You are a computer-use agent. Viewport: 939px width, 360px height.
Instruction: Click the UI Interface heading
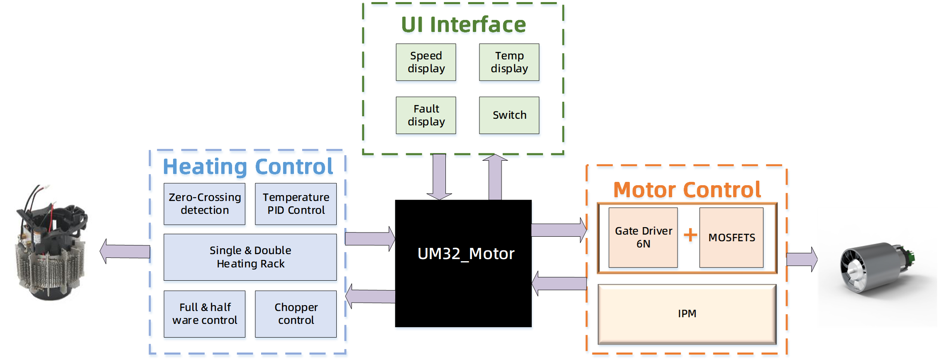click(x=463, y=26)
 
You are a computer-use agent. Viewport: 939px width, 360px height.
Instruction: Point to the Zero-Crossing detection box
click(x=205, y=204)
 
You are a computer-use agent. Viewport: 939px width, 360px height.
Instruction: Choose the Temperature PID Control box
click(x=296, y=204)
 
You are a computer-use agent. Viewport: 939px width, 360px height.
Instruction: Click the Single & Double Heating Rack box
click(x=250, y=257)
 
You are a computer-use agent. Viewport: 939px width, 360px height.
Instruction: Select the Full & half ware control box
click(x=205, y=314)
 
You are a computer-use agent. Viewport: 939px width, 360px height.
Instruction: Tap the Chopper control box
click(x=296, y=314)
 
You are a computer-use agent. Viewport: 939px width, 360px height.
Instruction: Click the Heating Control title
click(x=248, y=168)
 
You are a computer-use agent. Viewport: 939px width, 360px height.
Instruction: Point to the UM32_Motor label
click(x=466, y=254)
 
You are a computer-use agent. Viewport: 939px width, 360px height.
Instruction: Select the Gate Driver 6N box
click(x=643, y=238)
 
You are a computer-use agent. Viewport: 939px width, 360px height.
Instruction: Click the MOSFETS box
click(x=731, y=238)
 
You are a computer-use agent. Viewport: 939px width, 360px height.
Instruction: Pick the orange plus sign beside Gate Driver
click(x=690, y=236)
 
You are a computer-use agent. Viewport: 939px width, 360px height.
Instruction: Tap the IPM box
click(x=687, y=314)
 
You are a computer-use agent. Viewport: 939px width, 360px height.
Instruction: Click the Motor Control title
click(x=687, y=191)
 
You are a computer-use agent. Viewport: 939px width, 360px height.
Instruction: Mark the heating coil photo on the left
click(x=57, y=245)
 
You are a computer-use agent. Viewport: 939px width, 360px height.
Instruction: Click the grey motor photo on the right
click(x=878, y=268)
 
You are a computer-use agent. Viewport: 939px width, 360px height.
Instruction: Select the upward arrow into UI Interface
click(x=495, y=177)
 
